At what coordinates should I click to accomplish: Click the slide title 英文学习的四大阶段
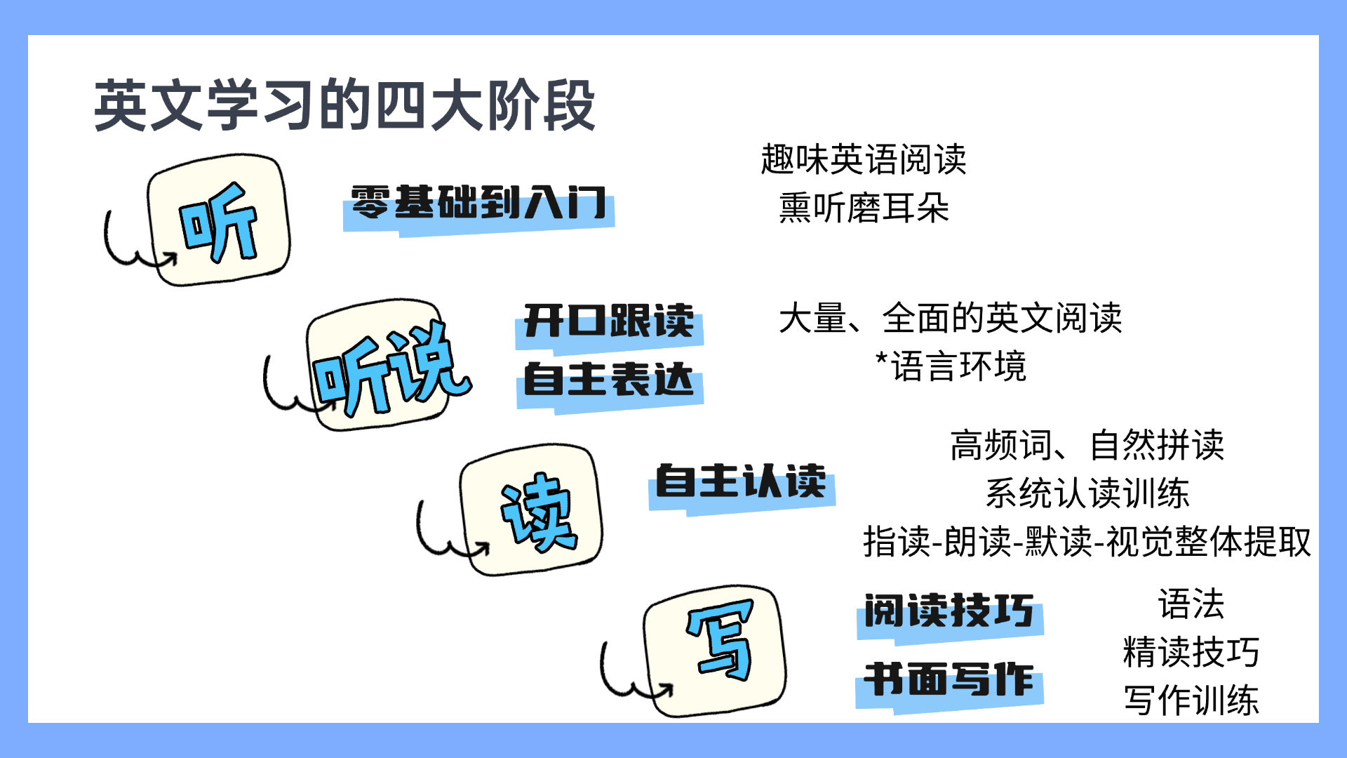click(344, 105)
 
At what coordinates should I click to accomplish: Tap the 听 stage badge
click(218, 220)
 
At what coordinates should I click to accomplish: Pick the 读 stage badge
click(531, 510)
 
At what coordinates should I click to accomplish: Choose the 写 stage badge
click(715, 651)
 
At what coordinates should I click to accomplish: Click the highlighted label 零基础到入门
click(478, 204)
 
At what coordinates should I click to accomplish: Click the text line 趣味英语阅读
click(864, 159)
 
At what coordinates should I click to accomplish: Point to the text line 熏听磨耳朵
click(864, 208)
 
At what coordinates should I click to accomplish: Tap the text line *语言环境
click(951, 366)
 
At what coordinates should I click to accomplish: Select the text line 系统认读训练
click(1087, 493)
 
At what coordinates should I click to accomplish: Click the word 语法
click(1191, 604)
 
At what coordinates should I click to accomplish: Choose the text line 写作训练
click(1191, 700)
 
